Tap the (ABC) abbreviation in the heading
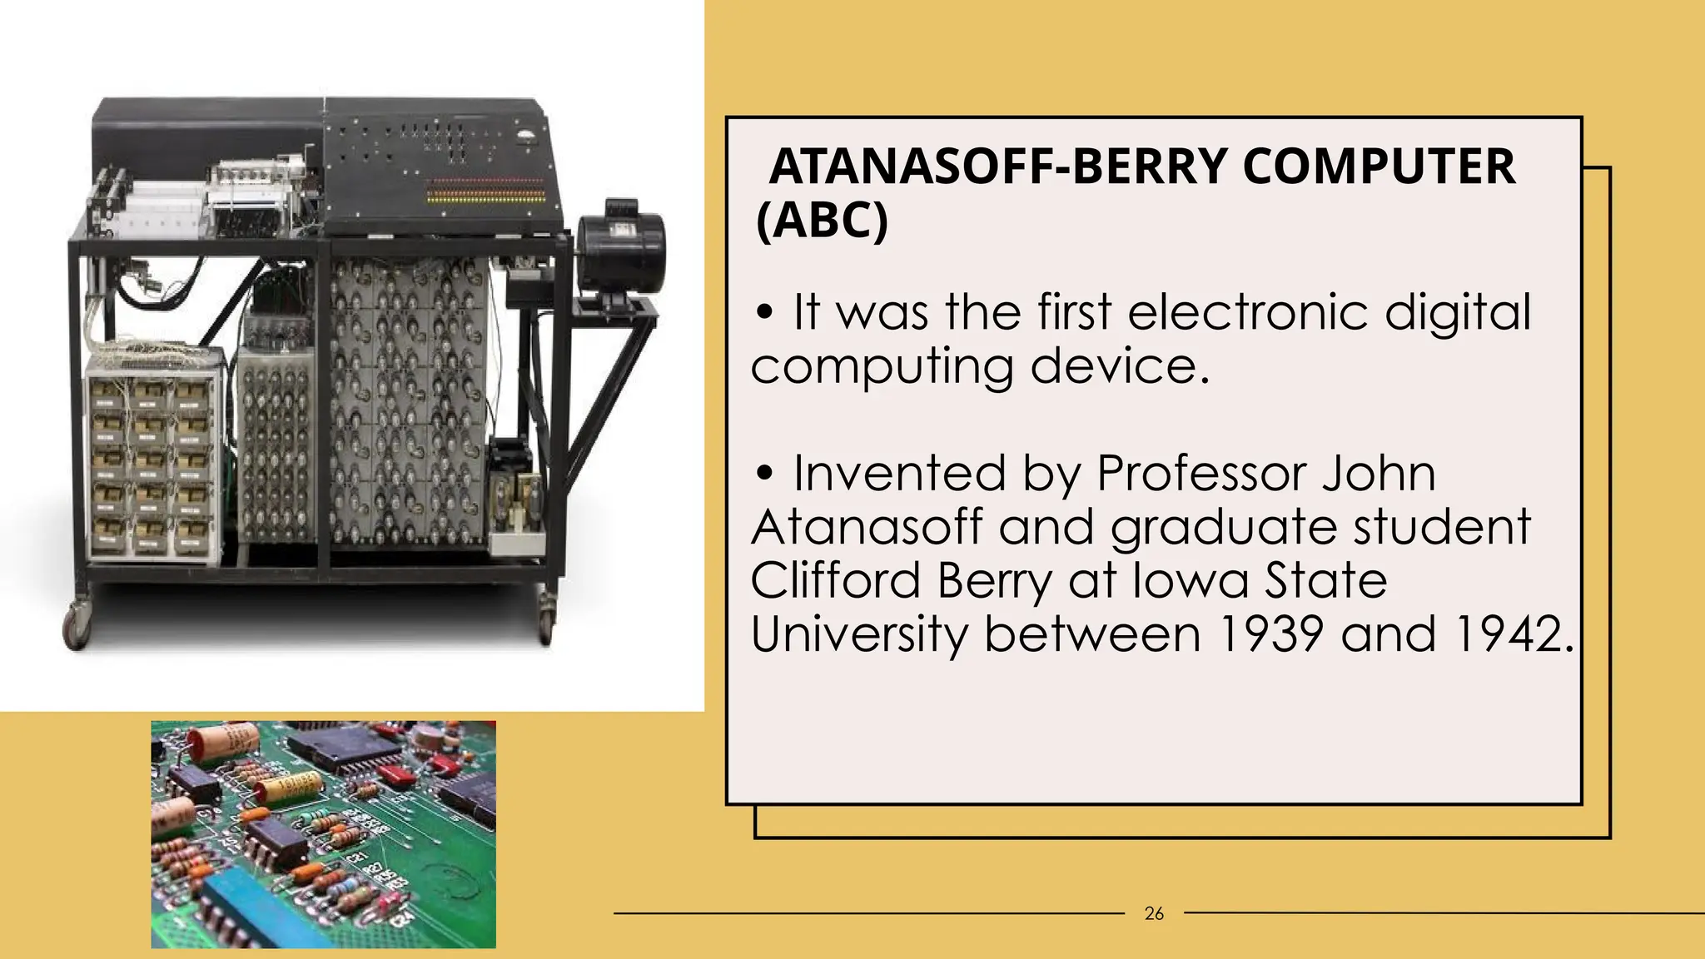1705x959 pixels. coord(823,221)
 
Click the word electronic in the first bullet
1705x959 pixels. coord(1248,312)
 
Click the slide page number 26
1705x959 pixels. coord(1154,914)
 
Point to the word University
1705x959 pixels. coord(860,634)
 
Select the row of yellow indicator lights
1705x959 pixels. coord(486,198)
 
